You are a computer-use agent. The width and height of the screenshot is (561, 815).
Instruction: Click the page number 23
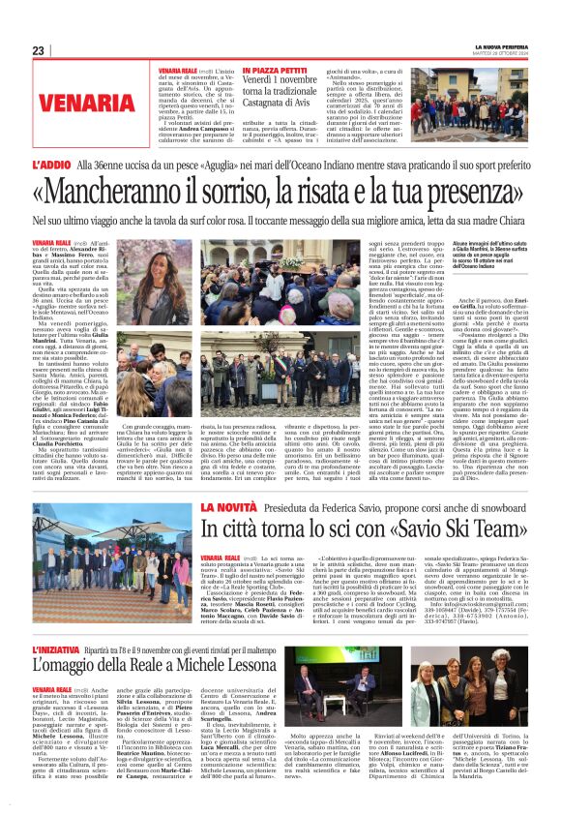tap(38, 50)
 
